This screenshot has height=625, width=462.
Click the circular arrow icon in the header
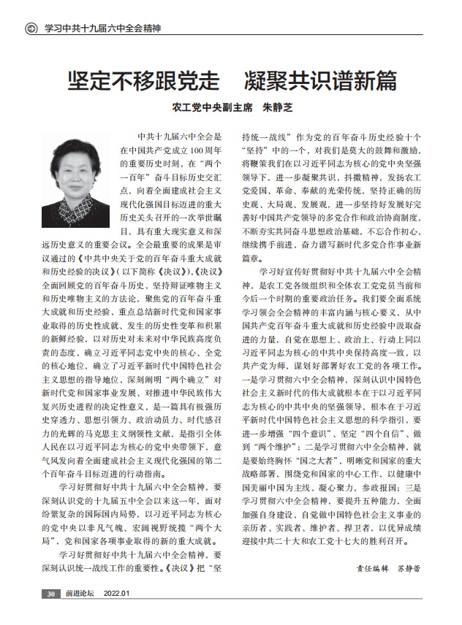31,29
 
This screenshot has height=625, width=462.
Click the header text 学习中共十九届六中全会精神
102,29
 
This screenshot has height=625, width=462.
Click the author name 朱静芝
278,107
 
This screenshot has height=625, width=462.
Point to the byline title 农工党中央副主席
212,107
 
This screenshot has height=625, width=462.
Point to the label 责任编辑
370,567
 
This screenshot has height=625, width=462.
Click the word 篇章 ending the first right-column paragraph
251,258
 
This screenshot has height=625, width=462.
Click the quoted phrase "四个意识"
303,433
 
